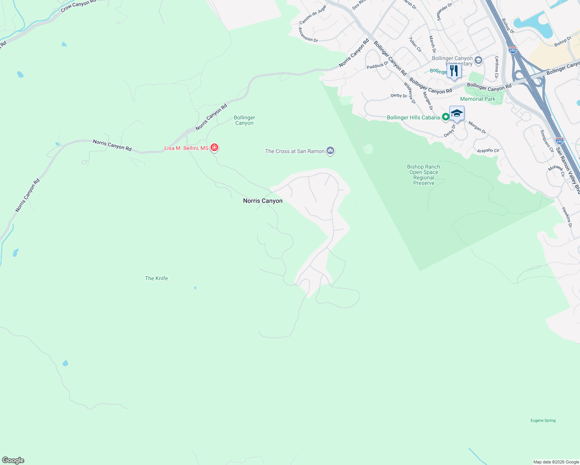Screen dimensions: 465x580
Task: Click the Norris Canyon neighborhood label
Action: [262, 201]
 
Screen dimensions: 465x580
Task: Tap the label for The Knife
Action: [156, 278]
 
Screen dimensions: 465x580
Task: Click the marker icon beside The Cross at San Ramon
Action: [330, 150]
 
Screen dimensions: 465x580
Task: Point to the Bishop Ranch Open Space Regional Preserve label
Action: [423, 175]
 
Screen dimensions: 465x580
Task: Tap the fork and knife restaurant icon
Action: [454, 71]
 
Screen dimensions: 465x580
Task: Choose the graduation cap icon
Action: [457, 114]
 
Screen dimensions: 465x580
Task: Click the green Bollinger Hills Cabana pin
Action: [446, 116]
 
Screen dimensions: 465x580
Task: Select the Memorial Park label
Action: [478, 99]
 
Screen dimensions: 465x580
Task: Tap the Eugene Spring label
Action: [543, 420]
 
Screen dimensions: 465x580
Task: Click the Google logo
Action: [13, 460]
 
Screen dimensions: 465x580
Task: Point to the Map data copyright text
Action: [556, 462]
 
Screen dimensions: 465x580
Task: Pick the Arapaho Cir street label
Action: [488, 151]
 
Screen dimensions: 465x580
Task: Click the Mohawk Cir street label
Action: [556, 170]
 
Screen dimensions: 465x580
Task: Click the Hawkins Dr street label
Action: [566, 217]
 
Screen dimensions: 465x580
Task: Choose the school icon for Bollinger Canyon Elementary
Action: [478, 60]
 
